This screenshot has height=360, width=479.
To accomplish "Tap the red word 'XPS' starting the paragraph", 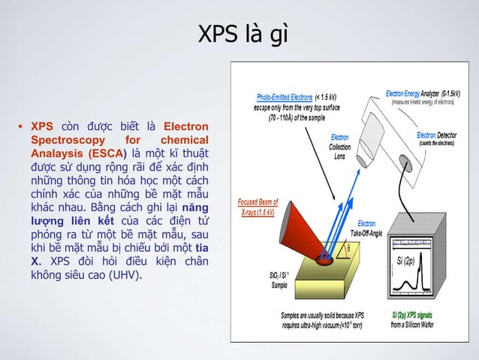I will point(41,126).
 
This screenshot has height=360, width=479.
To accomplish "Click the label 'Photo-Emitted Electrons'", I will point(285,97).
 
